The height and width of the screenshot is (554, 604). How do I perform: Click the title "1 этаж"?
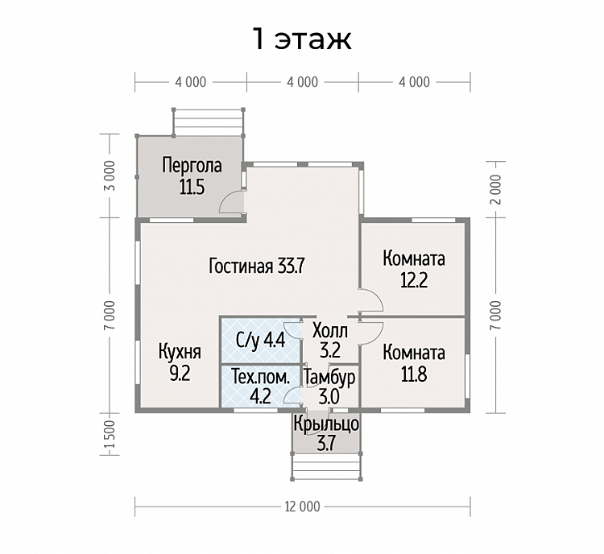click(x=302, y=39)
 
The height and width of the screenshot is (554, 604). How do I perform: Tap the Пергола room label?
click(x=192, y=166)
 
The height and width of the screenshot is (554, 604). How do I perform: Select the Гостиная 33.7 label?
click(x=257, y=266)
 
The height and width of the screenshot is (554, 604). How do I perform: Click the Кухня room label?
click(x=180, y=352)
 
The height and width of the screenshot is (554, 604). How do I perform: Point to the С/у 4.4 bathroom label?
click(x=260, y=341)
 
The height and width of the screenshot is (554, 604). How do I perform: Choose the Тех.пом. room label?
click(x=260, y=377)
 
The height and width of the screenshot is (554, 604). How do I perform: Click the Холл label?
click(x=330, y=331)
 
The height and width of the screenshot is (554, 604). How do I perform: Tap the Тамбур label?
click(x=329, y=378)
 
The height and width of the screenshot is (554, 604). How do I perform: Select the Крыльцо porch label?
click(x=326, y=424)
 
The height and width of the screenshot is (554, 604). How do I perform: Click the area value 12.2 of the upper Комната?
click(x=414, y=280)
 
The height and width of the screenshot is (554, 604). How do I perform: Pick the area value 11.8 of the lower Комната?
click(x=414, y=374)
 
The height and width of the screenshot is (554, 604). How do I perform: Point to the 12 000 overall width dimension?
click(x=302, y=506)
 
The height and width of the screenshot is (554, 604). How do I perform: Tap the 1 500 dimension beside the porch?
click(x=110, y=434)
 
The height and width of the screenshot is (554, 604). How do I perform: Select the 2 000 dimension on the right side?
click(x=497, y=189)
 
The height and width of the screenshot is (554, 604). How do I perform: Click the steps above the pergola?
click(x=209, y=122)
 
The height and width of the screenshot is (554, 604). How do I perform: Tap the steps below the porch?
click(x=326, y=467)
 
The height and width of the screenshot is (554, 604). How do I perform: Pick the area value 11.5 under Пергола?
click(x=192, y=187)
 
